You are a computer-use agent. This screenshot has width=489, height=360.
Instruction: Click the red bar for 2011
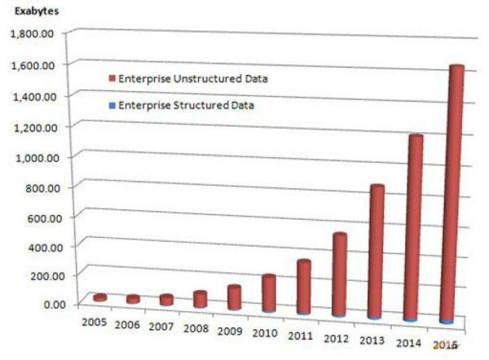point(303,286)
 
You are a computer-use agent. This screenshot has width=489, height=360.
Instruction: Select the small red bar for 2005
point(100,298)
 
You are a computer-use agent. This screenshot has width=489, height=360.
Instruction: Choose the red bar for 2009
point(234,297)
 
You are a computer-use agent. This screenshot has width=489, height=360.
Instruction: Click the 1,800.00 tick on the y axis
point(32,34)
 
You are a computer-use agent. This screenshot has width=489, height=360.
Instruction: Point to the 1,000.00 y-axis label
point(32,156)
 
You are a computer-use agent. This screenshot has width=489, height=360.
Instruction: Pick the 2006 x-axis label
point(130,325)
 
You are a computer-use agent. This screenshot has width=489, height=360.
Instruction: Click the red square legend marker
point(112,79)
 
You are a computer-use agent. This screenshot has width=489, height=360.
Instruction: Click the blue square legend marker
point(112,106)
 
